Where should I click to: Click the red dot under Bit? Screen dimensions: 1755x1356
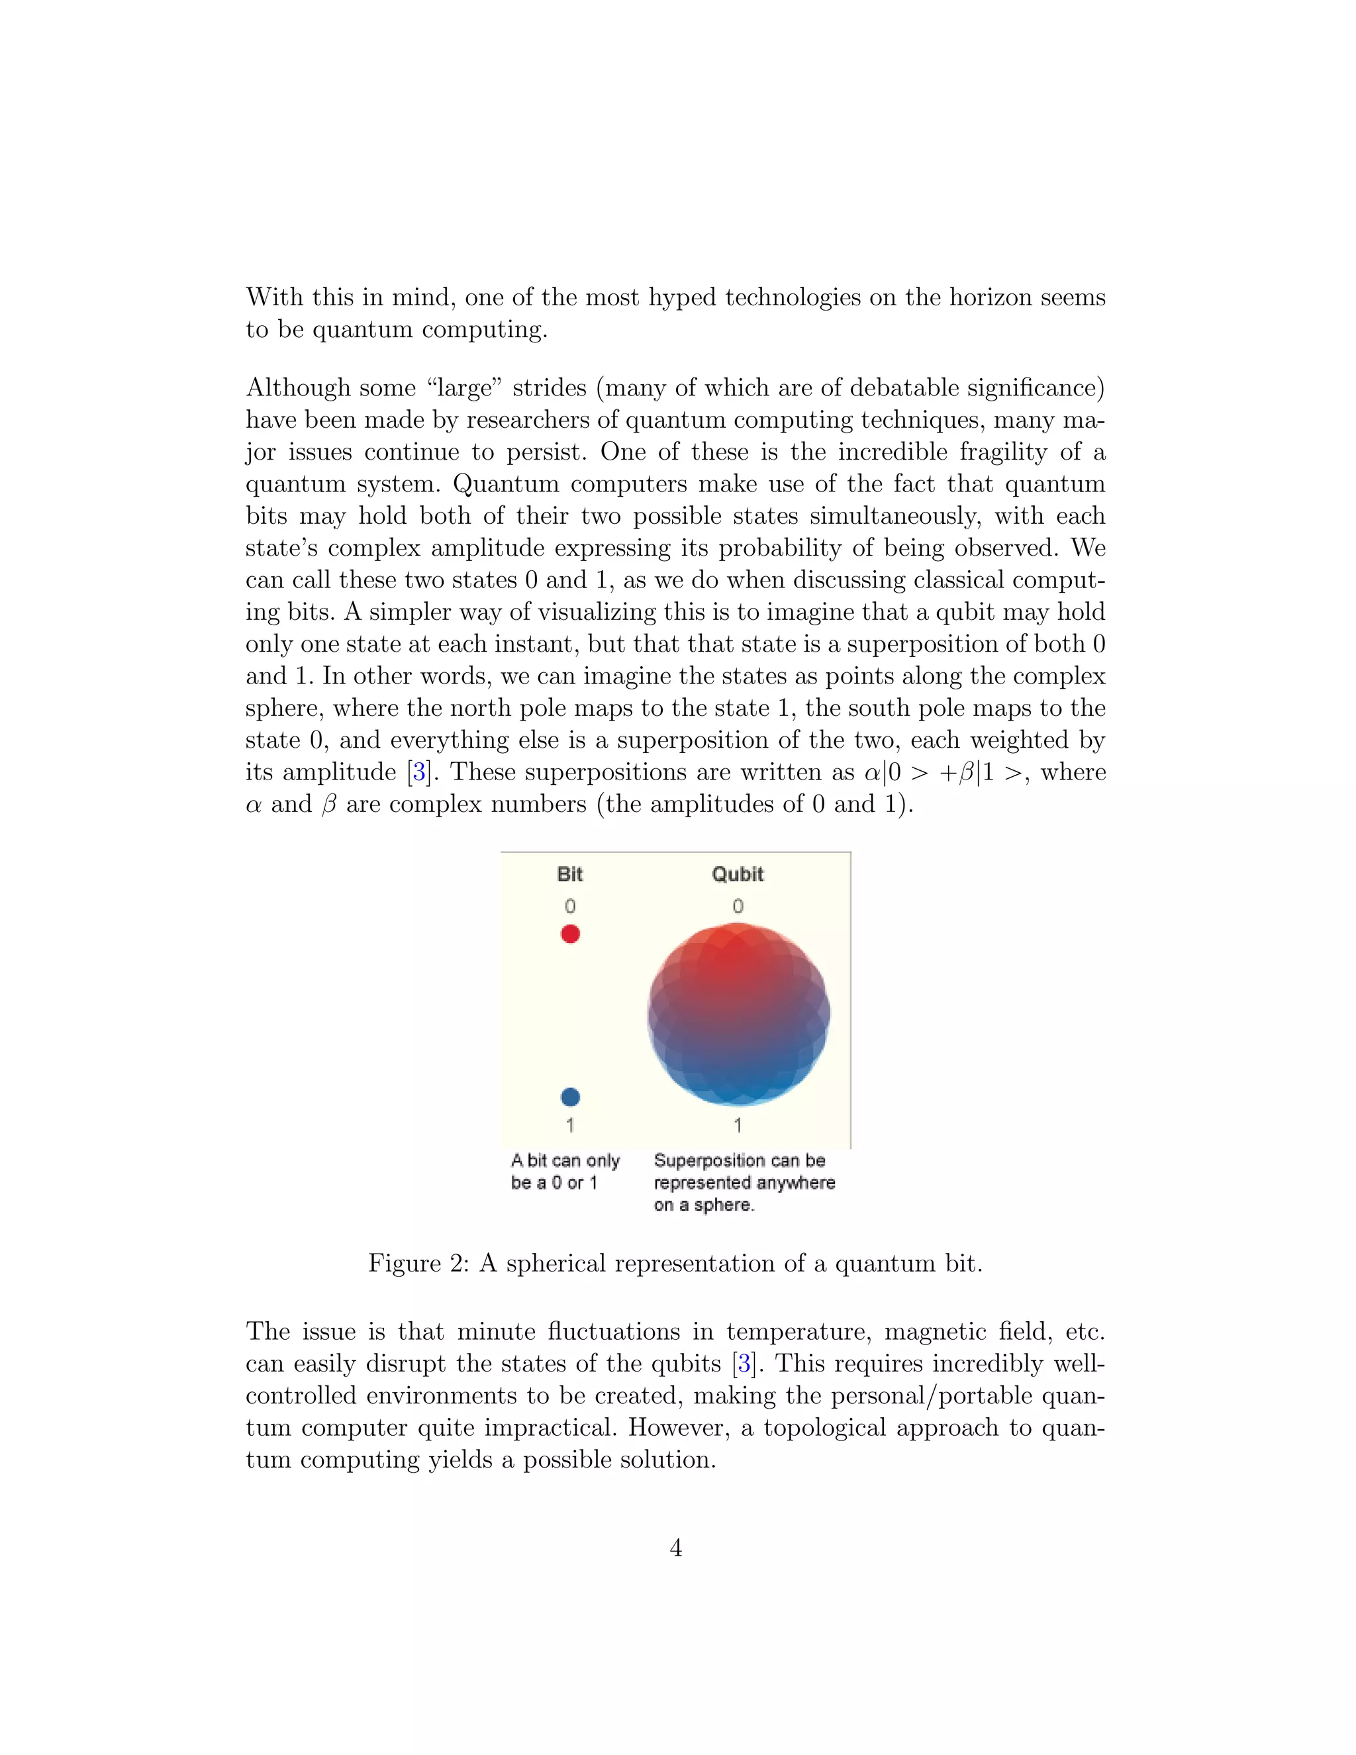tap(570, 934)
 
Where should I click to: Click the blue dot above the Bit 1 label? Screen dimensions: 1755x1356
tap(570, 1097)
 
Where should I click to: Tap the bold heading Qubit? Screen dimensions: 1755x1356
tap(738, 874)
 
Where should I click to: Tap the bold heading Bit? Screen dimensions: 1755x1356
tap(569, 874)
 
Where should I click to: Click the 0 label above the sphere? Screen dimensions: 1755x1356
tap(738, 907)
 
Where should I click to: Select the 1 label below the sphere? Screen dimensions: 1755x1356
tap(738, 1125)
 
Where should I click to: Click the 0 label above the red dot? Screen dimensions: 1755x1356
tap(569, 907)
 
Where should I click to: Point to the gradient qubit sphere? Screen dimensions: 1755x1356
tap(738, 1014)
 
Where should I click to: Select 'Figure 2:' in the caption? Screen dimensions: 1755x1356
tap(418, 1264)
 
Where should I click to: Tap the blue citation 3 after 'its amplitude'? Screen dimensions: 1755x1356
tap(418, 773)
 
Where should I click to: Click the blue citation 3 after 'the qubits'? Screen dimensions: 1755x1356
tap(745, 1364)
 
